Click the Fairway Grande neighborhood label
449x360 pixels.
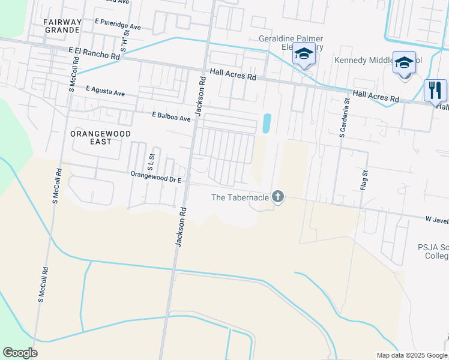point(62,26)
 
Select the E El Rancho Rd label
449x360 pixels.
point(94,53)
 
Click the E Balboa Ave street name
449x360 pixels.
point(171,116)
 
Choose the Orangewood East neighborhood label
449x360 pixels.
point(91,137)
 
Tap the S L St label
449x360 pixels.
point(151,160)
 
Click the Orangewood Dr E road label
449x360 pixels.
point(156,176)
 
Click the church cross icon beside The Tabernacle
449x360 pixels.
point(277,196)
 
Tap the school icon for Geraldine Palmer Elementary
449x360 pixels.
point(304,55)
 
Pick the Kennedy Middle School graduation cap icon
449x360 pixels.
point(404,62)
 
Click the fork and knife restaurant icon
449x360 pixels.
point(435,91)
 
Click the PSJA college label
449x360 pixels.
point(433,251)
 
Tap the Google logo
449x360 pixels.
point(20,353)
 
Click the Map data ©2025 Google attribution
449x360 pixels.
point(411,355)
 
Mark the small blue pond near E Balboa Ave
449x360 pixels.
point(267,124)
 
